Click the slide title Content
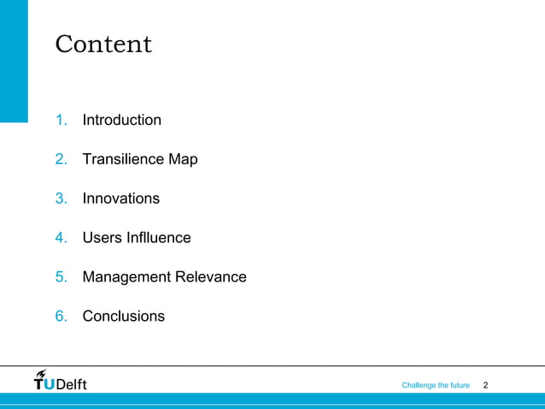(x=103, y=44)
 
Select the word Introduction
(x=121, y=120)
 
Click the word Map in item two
(x=183, y=159)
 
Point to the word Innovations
(x=120, y=199)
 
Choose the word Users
(x=102, y=238)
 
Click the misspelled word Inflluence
(x=158, y=238)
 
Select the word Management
(x=126, y=277)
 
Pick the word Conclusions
(x=123, y=317)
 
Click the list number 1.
(x=61, y=120)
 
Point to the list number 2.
(x=61, y=159)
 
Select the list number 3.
(x=61, y=199)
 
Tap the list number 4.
(x=61, y=238)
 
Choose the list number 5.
(x=61, y=277)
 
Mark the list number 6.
(x=61, y=317)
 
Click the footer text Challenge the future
(x=436, y=386)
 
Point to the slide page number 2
(x=486, y=386)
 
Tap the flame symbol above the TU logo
(x=42, y=372)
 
